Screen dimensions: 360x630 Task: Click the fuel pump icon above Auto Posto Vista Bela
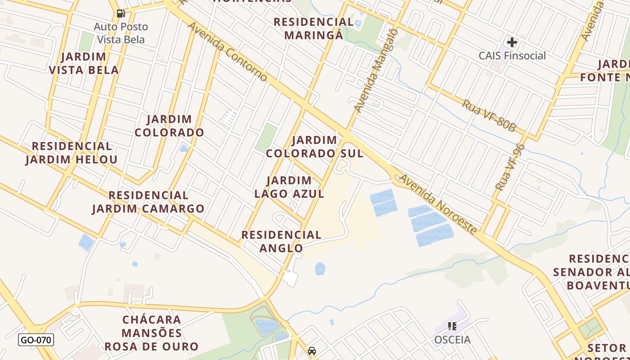point(121,13)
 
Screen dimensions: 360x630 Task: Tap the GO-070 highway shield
point(36,340)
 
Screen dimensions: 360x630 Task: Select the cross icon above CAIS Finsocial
point(512,43)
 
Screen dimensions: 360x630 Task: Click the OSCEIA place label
point(452,340)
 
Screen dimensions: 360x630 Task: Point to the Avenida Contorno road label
point(227,52)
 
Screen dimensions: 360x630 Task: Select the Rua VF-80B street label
point(489,116)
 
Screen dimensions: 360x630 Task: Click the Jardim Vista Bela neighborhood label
point(84,63)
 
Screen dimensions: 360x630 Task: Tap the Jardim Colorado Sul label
point(314,147)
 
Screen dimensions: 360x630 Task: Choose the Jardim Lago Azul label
point(289,187)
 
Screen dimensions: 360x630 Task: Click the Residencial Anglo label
point(281,241)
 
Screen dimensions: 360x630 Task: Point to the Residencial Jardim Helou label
point(72,153)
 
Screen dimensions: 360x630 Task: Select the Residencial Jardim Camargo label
point(148,202)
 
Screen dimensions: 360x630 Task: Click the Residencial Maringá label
point(314,28)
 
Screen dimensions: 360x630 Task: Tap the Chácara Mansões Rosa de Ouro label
point(152,333)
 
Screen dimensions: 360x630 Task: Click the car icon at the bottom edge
point(311,351)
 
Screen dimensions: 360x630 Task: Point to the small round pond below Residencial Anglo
point(320,269)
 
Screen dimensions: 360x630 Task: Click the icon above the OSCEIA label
point(452,326)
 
